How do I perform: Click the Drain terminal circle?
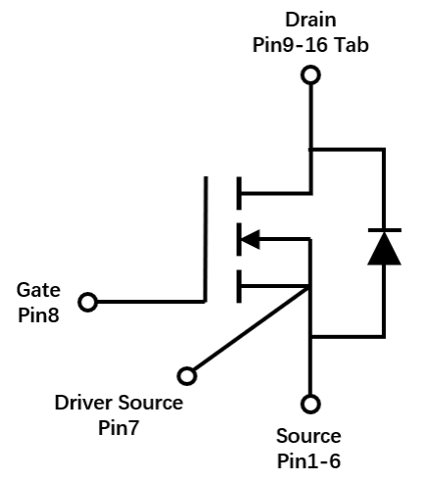[x=310, y=75]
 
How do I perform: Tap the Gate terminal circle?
[x=88, y=302]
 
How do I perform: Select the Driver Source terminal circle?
[x=187, y=376]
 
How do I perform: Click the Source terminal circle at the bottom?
[x=310, y=404]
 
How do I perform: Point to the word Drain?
[x=310, y=20]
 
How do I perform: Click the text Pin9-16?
[x=290, y=45]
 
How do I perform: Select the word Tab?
[x=352, y=45]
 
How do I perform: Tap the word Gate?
[x=38, y=290]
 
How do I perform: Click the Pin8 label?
[x=38, y=315]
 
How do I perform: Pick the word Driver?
[x=83, y=403]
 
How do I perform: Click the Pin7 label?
[x=119, y=427]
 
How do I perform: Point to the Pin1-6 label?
[x=308, y=461]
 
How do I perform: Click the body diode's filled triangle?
[x=384, y=249]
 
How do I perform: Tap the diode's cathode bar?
[x=385, y=230]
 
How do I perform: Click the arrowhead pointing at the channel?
[x=250, y=239]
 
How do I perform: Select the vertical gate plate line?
[x=206, y=239]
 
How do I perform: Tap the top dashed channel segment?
[x=239, y=193]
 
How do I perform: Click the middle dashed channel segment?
[x=239, y=239]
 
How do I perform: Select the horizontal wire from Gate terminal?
[x=151, y=302]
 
